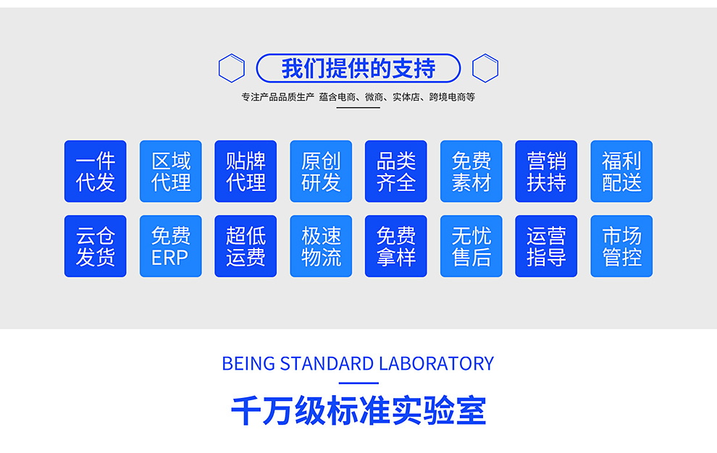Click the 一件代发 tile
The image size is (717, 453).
tap(95, 172)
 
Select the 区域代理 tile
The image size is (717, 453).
tap(170, 172)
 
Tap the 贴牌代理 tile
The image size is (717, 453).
tap(246, 172)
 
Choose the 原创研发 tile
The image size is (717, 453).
tap(321, 172)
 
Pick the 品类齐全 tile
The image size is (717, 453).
tap(395, 172)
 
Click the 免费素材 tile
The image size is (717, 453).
tap(471, 172)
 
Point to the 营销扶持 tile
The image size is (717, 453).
tap(546, 172)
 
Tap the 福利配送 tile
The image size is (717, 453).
tap(621, 172)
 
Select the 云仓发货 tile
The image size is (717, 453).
tap(95, 246)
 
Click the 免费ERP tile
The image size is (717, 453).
tap(170, 246)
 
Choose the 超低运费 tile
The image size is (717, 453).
tap(246, 246)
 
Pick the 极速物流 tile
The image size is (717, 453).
tap(321, 246)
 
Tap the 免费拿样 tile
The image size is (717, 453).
tap(395, 246)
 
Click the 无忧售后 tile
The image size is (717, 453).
tap(471, 246)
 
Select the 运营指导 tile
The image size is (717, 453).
tap(546, 246)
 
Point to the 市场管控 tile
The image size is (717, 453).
tap(621, 246)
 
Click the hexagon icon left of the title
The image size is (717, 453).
tap(232, 68)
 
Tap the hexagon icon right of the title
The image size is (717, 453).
tap(485, 68)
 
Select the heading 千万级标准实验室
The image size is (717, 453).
tap(358, 411)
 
